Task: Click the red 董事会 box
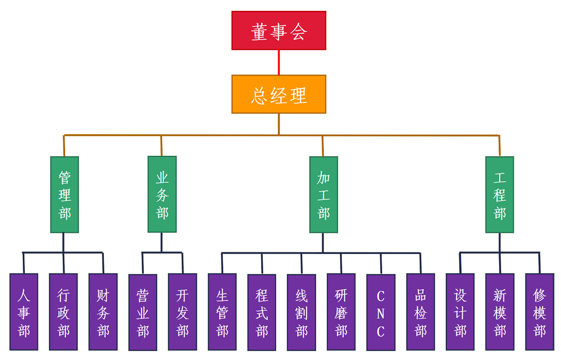[279, 31]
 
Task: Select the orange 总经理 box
[279, 94]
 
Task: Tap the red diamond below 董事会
[279, 62]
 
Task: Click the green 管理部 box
[65, 194]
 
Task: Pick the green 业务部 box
[162, 194]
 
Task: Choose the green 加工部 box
[324, 194]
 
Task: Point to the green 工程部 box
[499, 194]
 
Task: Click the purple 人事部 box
[23, 312]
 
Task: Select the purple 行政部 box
[63, 312]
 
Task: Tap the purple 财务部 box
[103, 312]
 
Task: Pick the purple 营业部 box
[143, 312]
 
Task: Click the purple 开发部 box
[182, 312]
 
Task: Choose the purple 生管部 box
[222, 312]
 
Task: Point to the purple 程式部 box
[262, 312]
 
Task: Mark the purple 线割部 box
[302, 312]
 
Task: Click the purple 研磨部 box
[341, 312]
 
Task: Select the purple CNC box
[381, 312]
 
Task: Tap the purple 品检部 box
[420, 312]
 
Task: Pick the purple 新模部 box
[500, 312]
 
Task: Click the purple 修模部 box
[539, 312]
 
